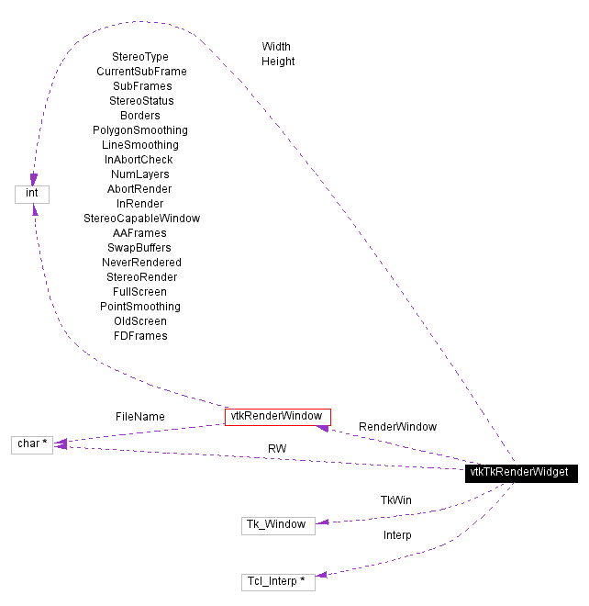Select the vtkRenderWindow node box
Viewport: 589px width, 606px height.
(277, 417)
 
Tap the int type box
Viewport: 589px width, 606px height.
(32, 194)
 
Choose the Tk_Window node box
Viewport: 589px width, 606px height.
(278, 525)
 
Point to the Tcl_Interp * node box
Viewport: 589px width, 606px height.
(278, 581)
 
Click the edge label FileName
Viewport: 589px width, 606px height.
(140, 417)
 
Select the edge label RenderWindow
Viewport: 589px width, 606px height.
(397, 427)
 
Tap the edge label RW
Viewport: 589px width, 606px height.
(277, 448)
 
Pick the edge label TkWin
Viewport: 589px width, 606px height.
(396, 500)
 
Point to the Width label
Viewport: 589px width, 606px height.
(276, 46)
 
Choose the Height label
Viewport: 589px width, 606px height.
(278, 62)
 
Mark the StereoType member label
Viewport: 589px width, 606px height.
(140, 57)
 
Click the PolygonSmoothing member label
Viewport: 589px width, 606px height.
(140, 130)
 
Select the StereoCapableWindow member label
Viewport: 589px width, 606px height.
(141, 219)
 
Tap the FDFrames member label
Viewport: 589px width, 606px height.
(140, 336)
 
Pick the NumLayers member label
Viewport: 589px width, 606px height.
(140, 174)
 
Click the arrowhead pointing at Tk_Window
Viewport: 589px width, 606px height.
(321, 522)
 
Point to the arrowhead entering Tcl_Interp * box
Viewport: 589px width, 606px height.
(321, 575)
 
